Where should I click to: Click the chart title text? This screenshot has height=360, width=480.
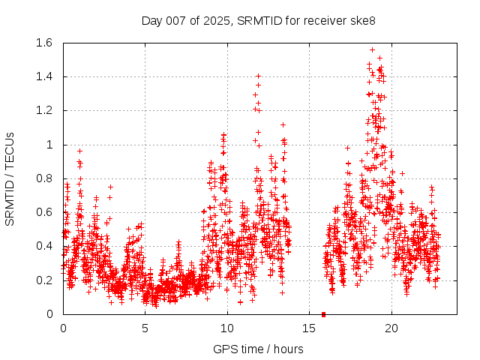(259, 20)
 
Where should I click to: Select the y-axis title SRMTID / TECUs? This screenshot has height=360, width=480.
(10, 179)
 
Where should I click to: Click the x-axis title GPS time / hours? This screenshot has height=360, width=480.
(259, 349)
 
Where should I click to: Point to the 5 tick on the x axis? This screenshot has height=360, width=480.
(145, 328)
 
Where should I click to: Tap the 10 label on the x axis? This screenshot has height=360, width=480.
(227, 328)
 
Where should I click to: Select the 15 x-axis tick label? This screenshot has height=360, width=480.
(309, 328)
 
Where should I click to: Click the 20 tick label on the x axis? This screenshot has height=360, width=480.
(391, 328)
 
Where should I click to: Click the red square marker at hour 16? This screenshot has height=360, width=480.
(324, 313)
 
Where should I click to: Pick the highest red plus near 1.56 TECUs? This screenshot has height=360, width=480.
(372, 49)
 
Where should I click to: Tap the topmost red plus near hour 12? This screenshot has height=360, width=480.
(258, 76)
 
